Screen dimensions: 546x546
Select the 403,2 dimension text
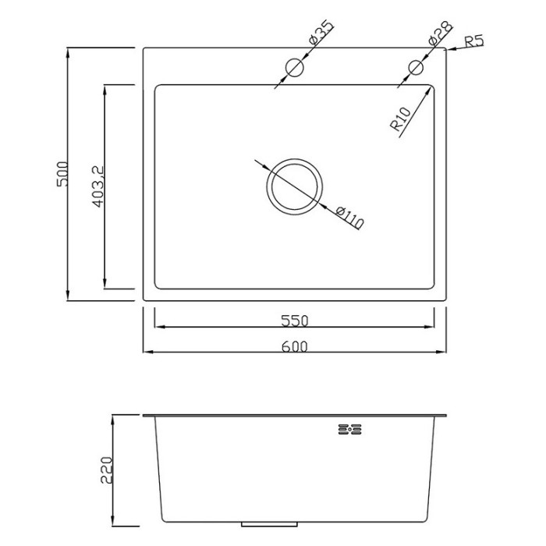(99, 186)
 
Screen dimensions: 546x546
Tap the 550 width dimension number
(295, 321)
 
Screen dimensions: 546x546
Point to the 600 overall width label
(295, 346)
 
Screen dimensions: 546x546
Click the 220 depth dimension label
(107, 470)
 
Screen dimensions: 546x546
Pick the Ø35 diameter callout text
(321, 33)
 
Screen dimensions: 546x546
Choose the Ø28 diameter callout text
(440, 33)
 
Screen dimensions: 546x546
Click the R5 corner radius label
(474, 42)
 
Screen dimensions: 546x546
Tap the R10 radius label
(401, 119)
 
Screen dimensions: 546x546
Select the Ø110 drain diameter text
(350, 218)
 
